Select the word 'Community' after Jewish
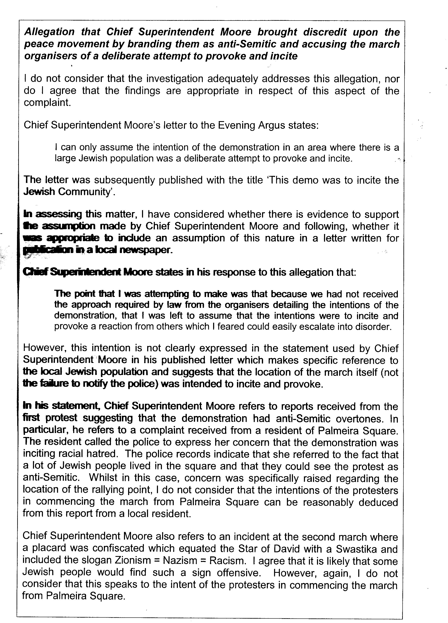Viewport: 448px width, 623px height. [x=84, y=192]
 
